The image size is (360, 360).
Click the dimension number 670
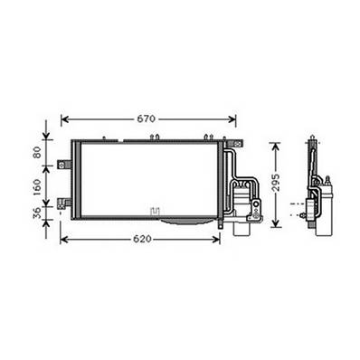(147, 118)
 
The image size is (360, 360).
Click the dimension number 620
(141, 240)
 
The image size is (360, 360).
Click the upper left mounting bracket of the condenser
(64, 165)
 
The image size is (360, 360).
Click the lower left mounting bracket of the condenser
(64, 204)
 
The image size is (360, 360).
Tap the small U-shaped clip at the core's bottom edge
(156, 214)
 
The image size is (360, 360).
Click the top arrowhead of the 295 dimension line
(275, 144)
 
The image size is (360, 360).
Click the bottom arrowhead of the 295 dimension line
(275, 223)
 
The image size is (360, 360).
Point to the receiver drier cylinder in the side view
(325, 210)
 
